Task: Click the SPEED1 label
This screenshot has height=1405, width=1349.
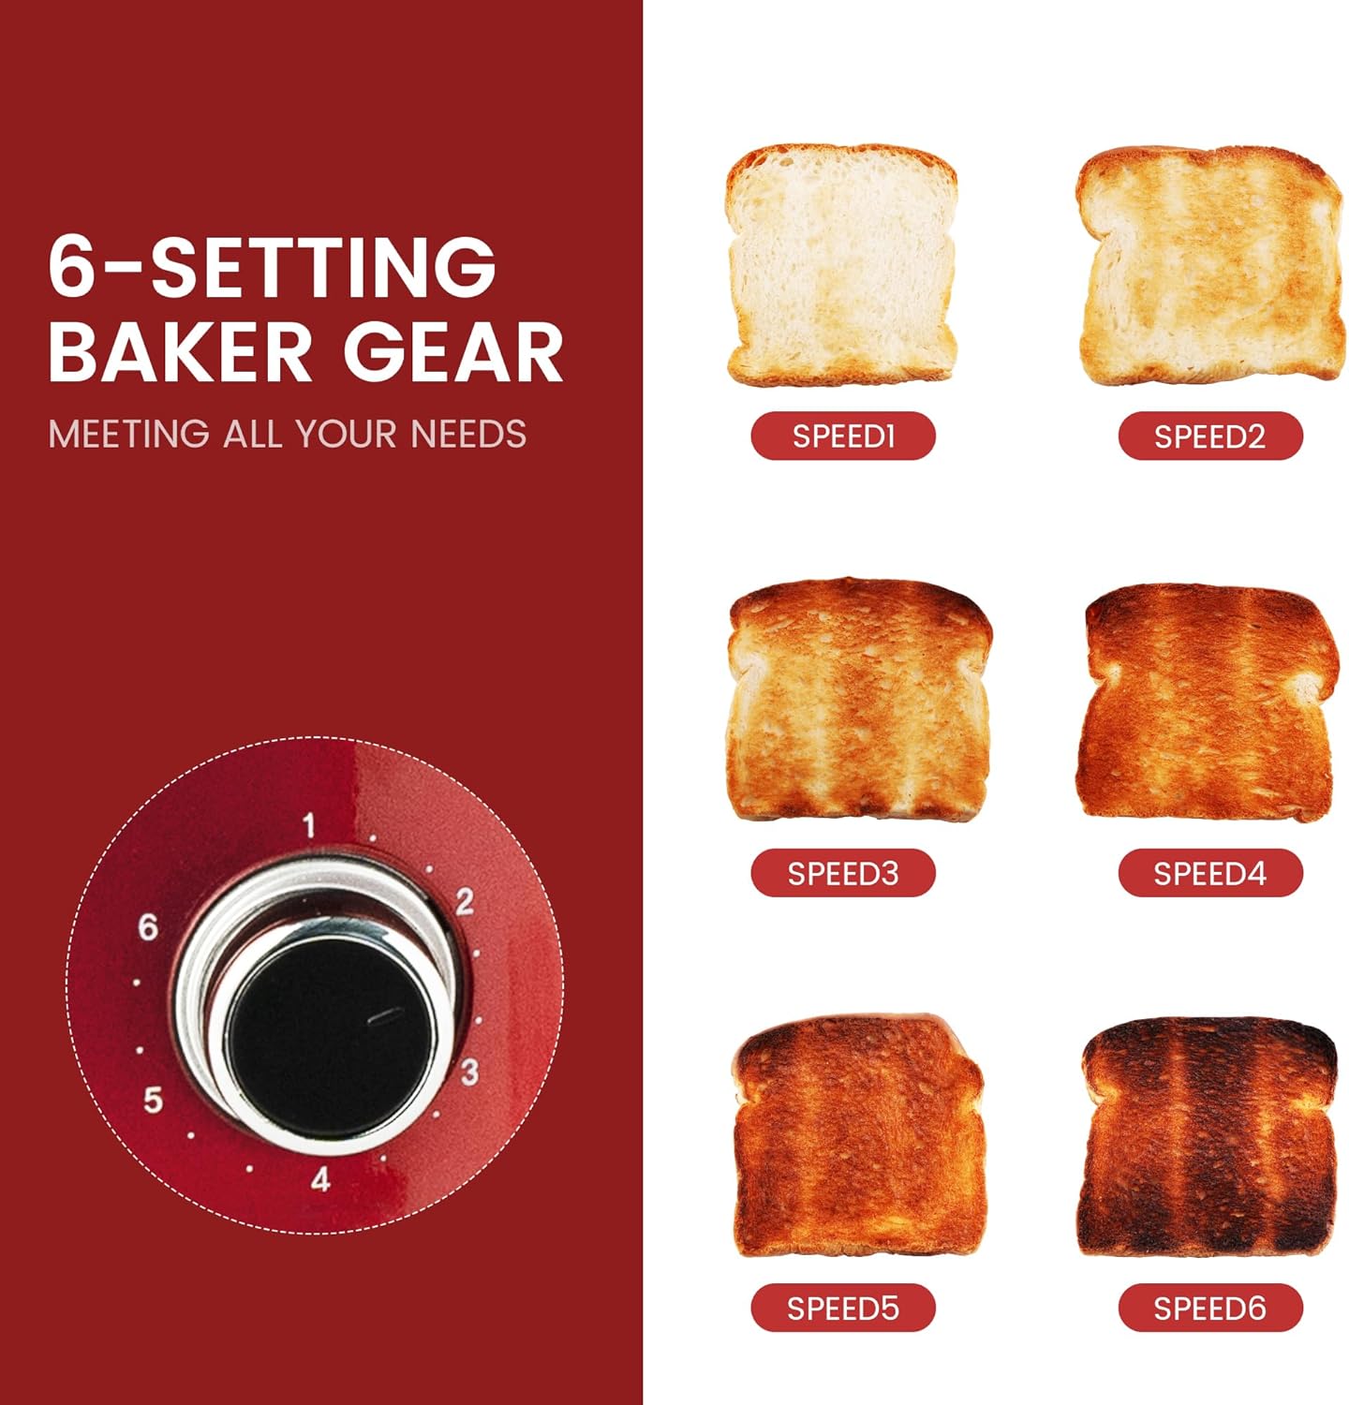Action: coord(843,436)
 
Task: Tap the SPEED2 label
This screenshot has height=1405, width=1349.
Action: coord(1209,436)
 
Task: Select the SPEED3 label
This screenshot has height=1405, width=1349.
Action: coord(843,873)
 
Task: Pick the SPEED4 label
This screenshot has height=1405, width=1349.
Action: coord(1209,873)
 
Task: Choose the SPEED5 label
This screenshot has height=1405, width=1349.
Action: coord(843,1308)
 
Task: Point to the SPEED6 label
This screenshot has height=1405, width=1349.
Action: coord(1209,1308)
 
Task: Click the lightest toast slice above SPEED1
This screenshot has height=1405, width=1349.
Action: coord(841,265)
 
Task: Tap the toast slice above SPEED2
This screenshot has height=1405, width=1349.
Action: coord(1209,265)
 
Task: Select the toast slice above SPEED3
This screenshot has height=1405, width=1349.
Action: coord(857,700)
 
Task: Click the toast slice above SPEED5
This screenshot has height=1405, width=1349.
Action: coord(857,1135)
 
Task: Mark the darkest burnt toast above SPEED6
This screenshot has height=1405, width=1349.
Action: coord(1208,1137)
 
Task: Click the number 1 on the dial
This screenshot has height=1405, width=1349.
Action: coord(309,826)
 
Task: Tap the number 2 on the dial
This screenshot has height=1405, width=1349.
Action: coord(465,902)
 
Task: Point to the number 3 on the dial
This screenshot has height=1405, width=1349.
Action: coord(469,1072)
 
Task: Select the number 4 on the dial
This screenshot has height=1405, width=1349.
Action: coord(320,1179)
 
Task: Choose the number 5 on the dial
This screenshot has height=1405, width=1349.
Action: coord(153,1100)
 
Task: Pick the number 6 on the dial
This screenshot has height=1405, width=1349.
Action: coord(148,927)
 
